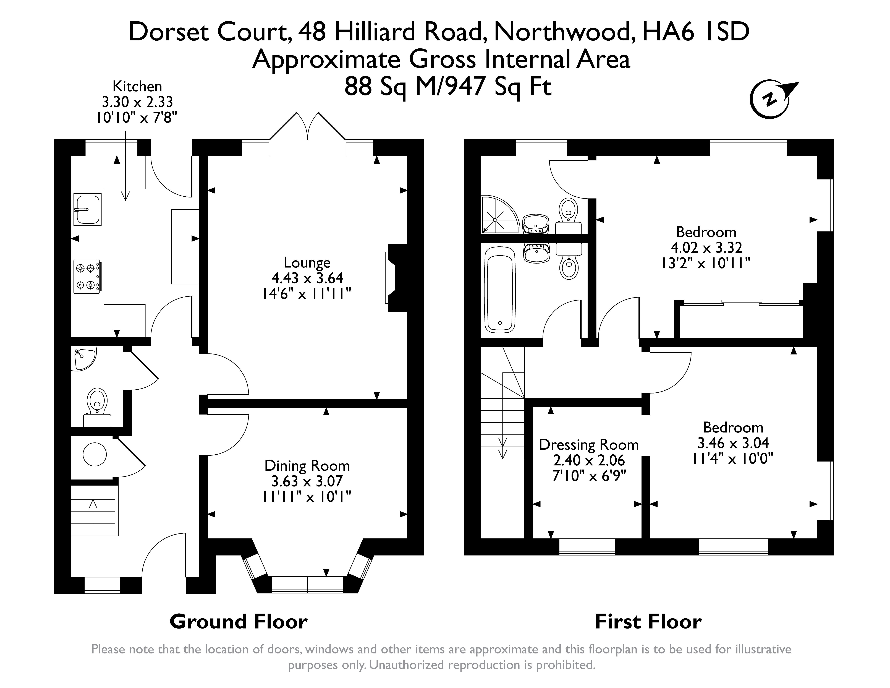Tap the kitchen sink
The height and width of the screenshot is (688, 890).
(87, 210)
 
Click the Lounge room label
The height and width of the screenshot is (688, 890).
(307, 262)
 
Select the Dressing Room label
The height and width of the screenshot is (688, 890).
(588, 445)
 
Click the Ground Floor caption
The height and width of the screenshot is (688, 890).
(238, 622)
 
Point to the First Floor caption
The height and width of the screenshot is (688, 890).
(648, 622)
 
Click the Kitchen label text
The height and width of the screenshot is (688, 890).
(137, 86)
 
